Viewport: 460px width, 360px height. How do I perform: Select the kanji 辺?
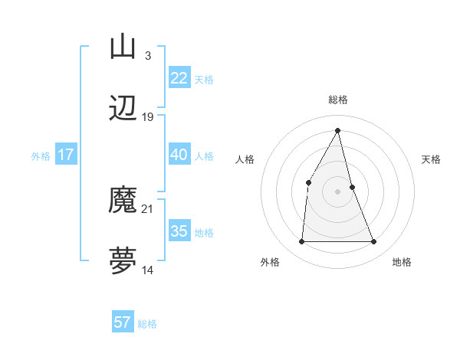pos(123,110)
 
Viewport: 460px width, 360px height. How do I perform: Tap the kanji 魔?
pos(123,201)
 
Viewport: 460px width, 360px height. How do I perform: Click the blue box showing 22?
pos(179,78)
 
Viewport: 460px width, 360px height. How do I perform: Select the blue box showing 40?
pos(179,155)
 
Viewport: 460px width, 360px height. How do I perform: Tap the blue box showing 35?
pos(179,231)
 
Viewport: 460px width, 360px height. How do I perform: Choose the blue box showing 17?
pos(66,155)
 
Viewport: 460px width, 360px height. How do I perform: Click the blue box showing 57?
pos(123,322)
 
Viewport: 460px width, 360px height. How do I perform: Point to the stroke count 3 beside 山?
pos(147,55)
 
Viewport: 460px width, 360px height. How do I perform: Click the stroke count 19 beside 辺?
pos(148,117)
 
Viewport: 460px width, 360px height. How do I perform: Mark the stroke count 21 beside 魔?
pos(148,208)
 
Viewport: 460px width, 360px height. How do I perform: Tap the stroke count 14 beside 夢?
pos(148,270)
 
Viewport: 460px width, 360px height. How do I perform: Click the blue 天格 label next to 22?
pos(204,80)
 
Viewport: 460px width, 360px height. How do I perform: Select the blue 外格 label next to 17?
pos(41,156)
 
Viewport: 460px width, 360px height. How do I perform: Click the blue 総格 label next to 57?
pos(147,324)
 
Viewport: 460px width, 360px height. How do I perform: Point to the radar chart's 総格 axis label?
pos(338,100)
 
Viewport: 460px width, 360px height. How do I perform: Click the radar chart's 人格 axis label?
pos(245,159)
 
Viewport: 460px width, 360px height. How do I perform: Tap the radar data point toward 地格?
pos(373,242)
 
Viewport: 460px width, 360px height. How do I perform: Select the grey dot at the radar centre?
pos(337,191)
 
